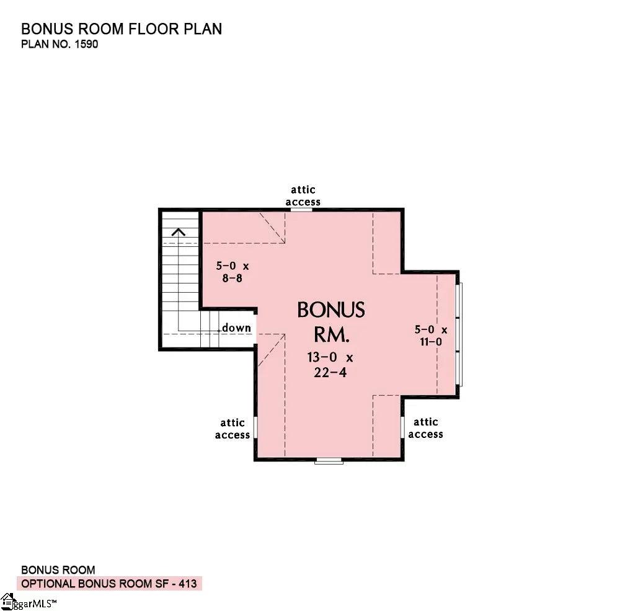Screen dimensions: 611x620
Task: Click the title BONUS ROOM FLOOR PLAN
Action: (x=122, y=29)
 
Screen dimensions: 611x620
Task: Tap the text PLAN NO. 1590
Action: (x=60, y=45)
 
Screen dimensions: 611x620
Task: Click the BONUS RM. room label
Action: (x=331, y=322)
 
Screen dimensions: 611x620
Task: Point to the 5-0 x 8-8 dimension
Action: (x=232, y=272)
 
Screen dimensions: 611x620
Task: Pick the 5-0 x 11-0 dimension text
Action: (x=430, y=336)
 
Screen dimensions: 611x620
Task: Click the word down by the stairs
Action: (x=237, y=328)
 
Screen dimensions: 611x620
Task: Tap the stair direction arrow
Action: (x=179, y=233)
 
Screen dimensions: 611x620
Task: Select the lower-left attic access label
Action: (x=232, y=429)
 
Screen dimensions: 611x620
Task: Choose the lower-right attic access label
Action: (x=425, y=428)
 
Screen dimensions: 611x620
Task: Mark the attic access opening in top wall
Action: (x=302, y=210)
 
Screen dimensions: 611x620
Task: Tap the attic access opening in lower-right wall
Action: (x=402, y=427)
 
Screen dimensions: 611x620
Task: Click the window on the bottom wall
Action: (x=329, y=460)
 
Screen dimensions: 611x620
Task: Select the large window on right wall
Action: (x=459, y=335)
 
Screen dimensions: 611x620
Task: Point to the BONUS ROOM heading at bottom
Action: (x=58, y=569)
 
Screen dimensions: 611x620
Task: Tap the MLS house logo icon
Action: (x=7, y=600)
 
